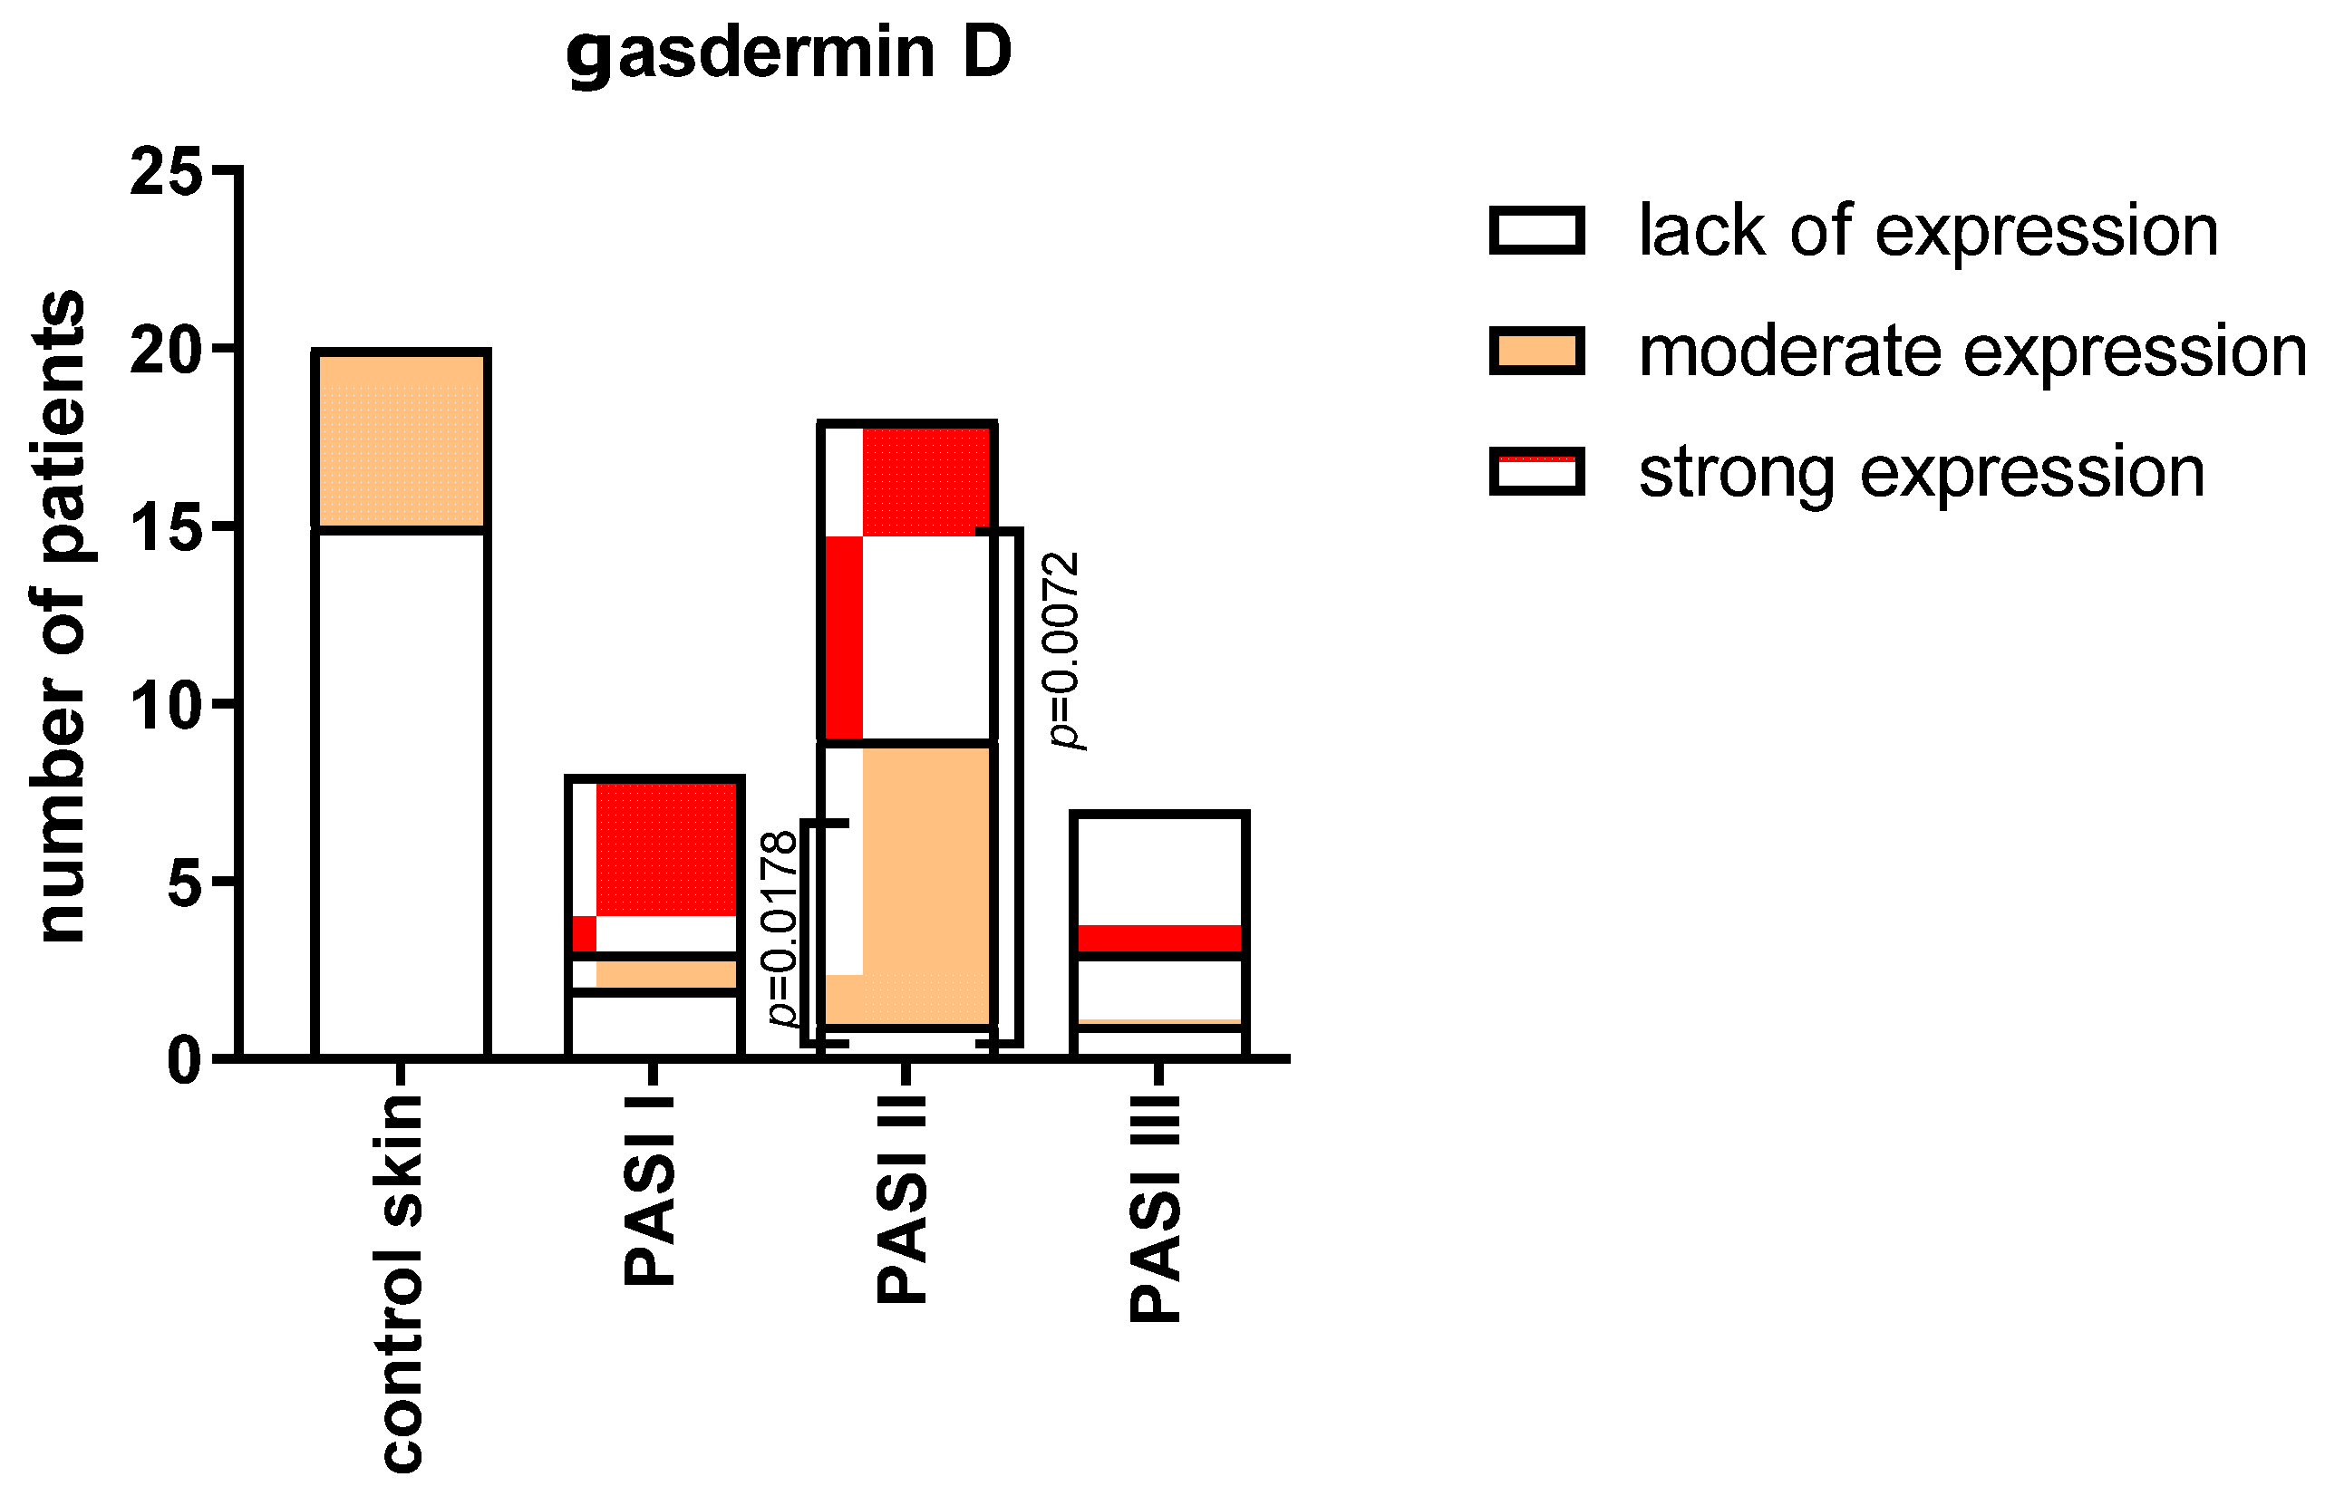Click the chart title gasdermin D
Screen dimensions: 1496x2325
pos(788,53)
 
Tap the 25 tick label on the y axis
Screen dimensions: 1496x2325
pos(166,174)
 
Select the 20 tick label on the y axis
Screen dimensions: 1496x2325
pos(166,351)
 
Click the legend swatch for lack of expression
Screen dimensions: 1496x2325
pos(1536,231)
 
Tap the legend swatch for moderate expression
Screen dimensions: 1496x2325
pos(1536,351)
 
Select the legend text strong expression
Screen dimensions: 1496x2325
pos(1921,472)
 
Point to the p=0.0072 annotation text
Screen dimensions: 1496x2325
pos(1061,650)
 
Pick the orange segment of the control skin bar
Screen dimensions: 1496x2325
pos(402,440)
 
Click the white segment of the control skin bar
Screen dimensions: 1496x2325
pos(402,792)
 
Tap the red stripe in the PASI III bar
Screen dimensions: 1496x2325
pos(1158,938)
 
